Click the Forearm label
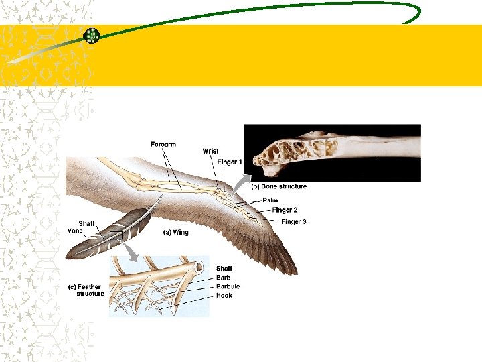(163, 144)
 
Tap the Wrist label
(210, 152)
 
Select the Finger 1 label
(230, 162)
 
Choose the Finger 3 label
(293, 222)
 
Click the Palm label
(270, 200)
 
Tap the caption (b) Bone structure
(278, 186)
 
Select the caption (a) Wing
(176, 233)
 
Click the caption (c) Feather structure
(87, 290)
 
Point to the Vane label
(74, 231)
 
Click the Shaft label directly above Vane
(86, 223)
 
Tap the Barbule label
(228, 286)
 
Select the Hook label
(224, 295)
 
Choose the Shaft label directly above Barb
(224, 269)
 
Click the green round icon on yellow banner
(91, 36)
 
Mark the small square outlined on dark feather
(116, 235)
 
